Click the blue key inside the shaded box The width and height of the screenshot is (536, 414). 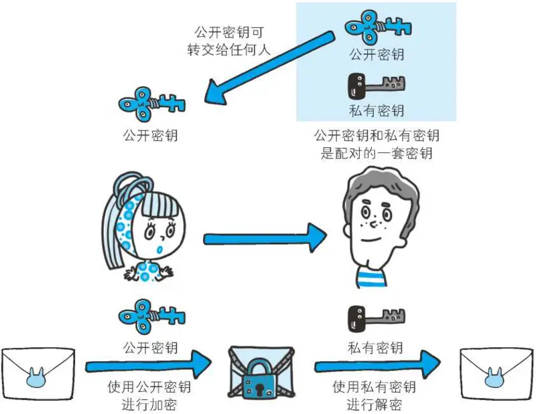coord(377,27)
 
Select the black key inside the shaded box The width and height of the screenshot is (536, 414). coord(377,85)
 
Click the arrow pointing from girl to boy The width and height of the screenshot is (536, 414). coord(265,237)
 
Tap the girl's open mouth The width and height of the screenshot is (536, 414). coord(157,248)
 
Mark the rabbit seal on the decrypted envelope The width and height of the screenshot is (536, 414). coord(496,378)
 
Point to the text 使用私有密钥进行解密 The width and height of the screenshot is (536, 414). coord(375,396)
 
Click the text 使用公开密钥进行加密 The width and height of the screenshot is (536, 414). coord(149,396)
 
